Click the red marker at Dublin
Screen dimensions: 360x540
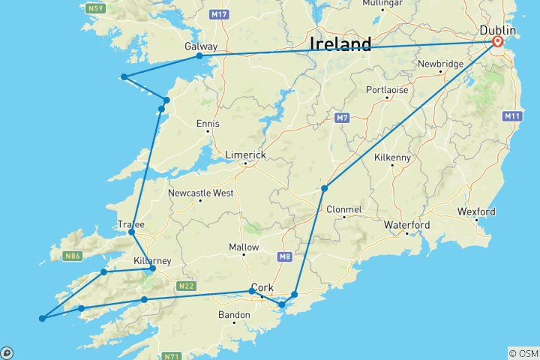[497, 43]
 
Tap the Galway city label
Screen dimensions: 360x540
[201, 46]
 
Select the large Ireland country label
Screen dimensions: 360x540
[340, 44]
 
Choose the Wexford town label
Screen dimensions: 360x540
[477, 212]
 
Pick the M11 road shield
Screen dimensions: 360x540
[513, 115]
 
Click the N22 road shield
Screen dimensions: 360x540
[187, 286]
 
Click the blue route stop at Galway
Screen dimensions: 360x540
[199, 56]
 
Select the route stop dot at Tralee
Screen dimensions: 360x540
[132, 232]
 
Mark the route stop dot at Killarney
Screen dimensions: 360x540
[153, 268]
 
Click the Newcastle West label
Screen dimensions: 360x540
[201, 193]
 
